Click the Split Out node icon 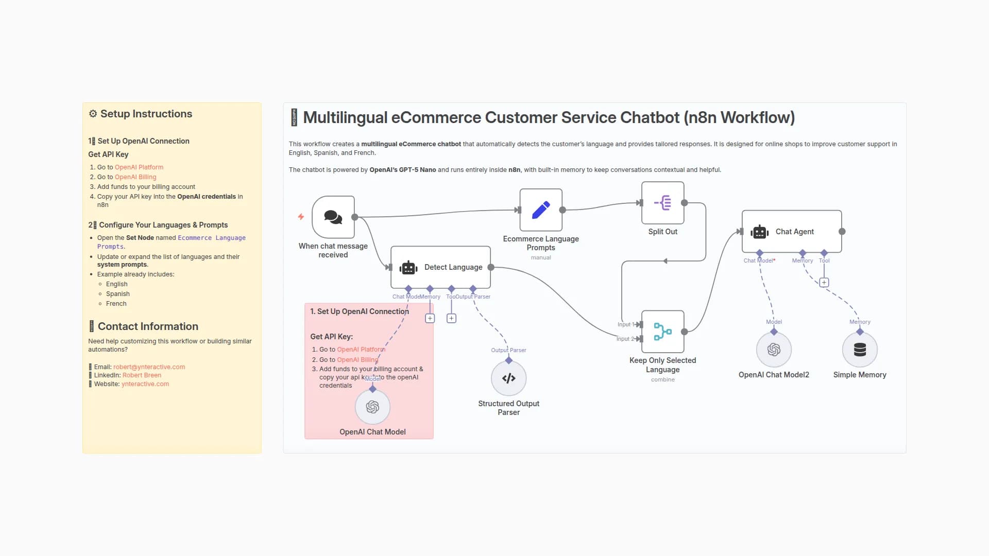[663, 203]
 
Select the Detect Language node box [440, 267]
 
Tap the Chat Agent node [792, 232]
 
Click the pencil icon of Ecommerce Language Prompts [541, 210]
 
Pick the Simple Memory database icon [860, 350]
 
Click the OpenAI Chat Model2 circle [774, 350]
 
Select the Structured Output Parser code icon [508, 378]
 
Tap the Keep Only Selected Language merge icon [663, 332]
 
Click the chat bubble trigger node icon [333, 217]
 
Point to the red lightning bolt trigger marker [301, 217]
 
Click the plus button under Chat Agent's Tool [824, 283]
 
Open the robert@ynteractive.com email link [149, 367]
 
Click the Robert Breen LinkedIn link [142, 375]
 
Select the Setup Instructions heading [146, 114]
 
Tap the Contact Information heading [148, 326]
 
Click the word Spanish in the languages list [118, 294]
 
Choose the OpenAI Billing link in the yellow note [135, 177]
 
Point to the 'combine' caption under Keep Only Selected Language [662, 379]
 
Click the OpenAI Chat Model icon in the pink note [372, 407]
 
